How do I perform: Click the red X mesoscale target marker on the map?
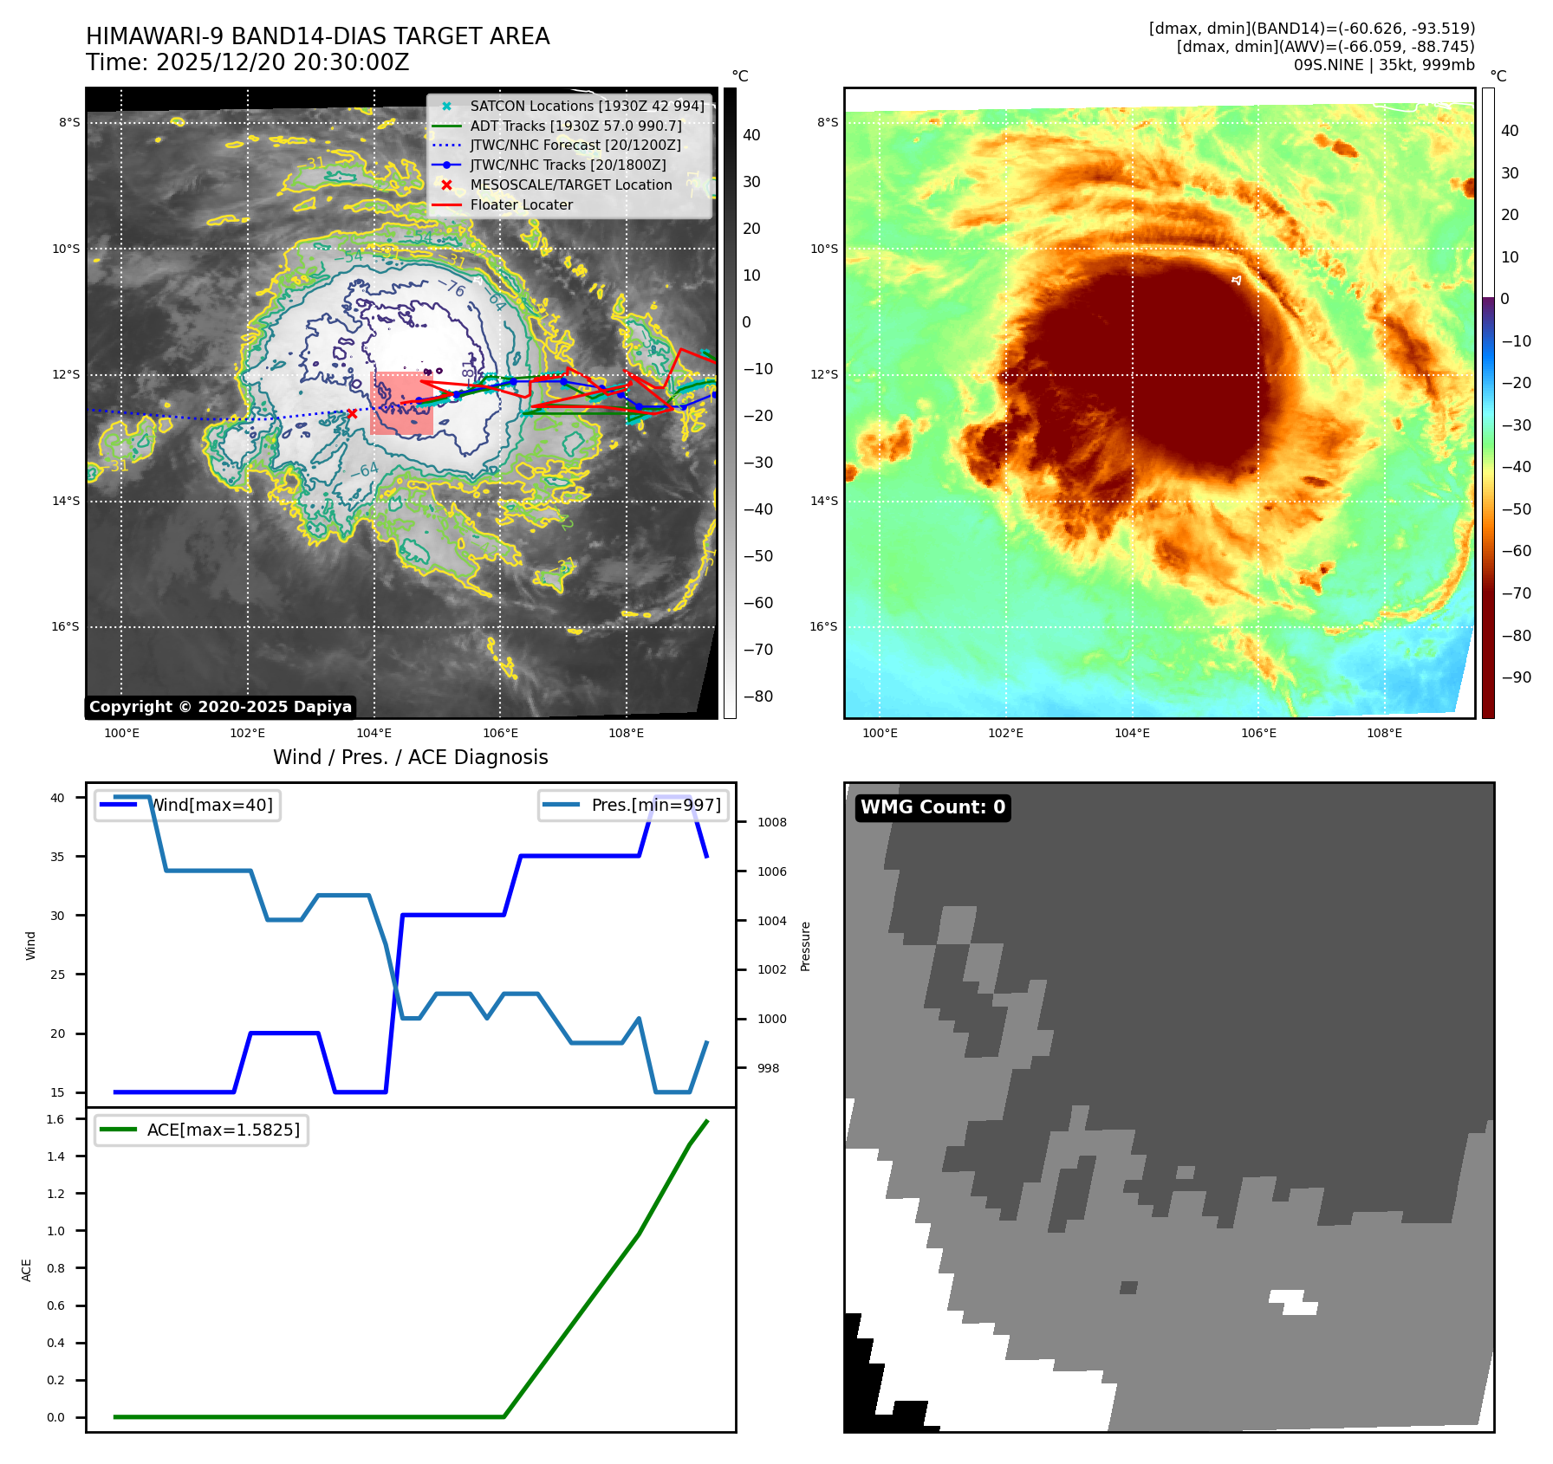click(x=352, y=414)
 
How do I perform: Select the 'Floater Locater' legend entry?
click(x=521, y=205)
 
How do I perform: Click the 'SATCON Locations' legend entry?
click(x=587, y=106)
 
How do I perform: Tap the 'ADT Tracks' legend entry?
click(x=575, y=126)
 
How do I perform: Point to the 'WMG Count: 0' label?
click(x=932, y=807)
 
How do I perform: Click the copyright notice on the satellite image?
click(x=220, y=707)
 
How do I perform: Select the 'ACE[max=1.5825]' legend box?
click(x=201, y=1130)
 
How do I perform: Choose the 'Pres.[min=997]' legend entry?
click(x=634, y=806)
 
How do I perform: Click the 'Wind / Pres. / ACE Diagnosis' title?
click(x=411, y=758)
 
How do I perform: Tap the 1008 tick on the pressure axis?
click(x=771, y=823)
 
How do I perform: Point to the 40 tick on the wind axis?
click(x=57, y=798)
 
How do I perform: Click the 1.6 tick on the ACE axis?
click(x=55, y=1119)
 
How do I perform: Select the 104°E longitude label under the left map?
click(x=374, y=734)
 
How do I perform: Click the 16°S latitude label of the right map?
click(x=823, y=627)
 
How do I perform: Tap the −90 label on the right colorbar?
click(x=1516, y=677)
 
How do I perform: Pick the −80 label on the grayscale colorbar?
click(x=758, y=696)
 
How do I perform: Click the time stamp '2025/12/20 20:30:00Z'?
click(x=283, y=63)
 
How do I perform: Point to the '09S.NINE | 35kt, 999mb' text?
click(x=1384, y=65)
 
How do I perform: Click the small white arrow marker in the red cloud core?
click(x=1237, y=280)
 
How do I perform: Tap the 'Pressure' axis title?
click(x=805, y=946)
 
